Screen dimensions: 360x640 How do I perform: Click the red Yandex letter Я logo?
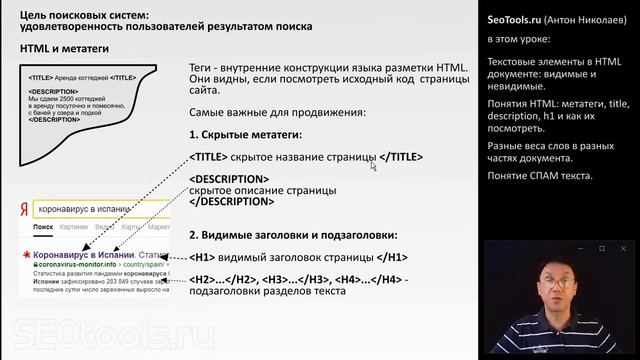pyautogui.click(x=24, y=211)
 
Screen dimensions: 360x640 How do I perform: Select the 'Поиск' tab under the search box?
pyautogui.click(x=43, y=228)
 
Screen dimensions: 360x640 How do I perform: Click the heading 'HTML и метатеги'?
pyautogui.click(x=63, y=47)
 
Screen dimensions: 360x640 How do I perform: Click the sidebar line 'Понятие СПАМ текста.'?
pyautogui.click(x=540, y=177)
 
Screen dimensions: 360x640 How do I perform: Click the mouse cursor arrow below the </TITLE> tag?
pyautogui.click(x=373, y=166)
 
